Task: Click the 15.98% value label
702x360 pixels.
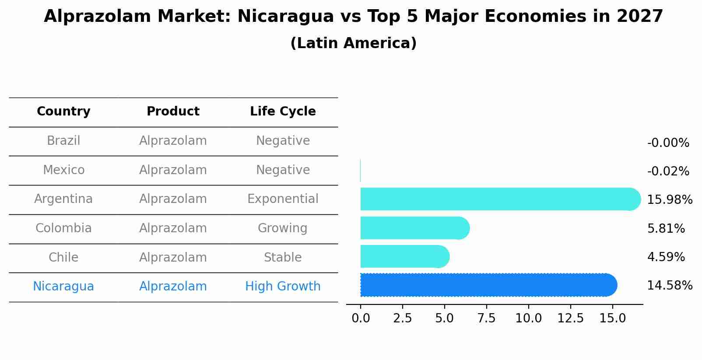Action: tap(670, 200)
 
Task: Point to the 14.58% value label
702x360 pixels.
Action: tap(670, 286)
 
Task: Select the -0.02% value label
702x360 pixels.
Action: tap(668, 171)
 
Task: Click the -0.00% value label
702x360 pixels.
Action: tap(668, 143)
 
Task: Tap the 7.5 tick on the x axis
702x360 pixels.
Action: tap(486, 318)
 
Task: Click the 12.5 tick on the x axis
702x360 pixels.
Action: tap(570, 318)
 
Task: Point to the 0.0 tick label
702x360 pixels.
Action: tap(361, 318)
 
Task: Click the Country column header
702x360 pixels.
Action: tap(63, 112)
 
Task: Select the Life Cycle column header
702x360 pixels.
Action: tap(283, 112)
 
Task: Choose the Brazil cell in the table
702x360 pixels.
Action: tap(63, 141)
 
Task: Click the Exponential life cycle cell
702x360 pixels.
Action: tap(283, 199)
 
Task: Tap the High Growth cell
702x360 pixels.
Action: tap(283, 287)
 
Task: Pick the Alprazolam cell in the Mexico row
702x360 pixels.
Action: tap(173, 170)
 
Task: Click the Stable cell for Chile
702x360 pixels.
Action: tap(283, 258)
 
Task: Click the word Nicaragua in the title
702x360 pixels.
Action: tap(285, 17)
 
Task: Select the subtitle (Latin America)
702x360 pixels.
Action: tap(353, 43)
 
